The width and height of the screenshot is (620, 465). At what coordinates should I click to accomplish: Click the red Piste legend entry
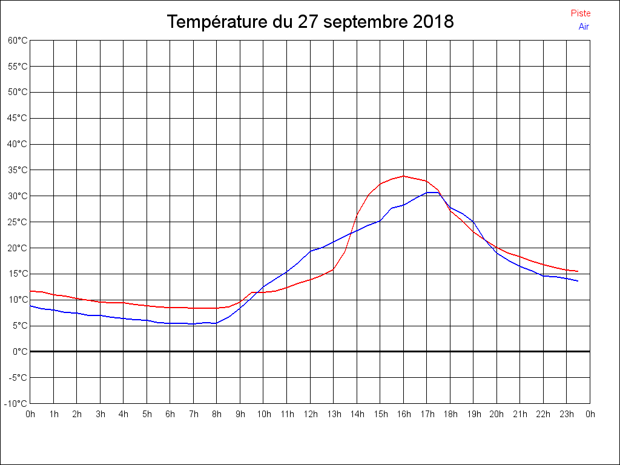point(580,13)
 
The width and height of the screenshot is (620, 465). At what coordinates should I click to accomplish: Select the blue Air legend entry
point(584,27)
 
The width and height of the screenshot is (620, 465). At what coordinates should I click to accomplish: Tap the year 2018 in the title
point(434,22)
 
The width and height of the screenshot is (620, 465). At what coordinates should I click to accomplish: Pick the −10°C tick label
point(16,403)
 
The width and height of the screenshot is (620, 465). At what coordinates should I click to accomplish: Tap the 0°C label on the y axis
point(20,351)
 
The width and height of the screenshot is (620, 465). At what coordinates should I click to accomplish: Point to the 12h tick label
point(310,414)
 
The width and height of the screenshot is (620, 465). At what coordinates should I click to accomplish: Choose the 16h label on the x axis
point(403,414)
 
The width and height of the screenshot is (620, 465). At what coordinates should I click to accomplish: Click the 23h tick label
point(567,414)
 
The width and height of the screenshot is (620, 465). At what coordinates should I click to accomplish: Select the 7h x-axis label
point(193,414)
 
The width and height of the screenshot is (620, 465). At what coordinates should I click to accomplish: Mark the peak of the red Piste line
point(403,176)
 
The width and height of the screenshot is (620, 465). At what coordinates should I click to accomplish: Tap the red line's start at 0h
point(30,291)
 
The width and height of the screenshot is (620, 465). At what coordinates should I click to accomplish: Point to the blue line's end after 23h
point(578,281)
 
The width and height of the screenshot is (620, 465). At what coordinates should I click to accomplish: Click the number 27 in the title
point(307,22)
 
